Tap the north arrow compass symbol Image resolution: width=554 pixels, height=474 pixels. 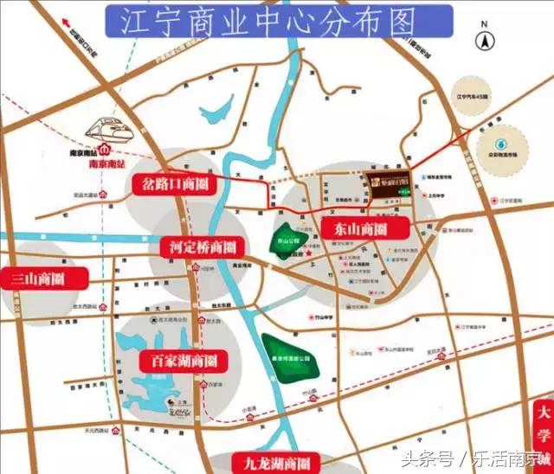pyautogui.click(x=487, y=38)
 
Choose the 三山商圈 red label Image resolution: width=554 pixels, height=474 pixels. pyautogui.click(x=47, y=279)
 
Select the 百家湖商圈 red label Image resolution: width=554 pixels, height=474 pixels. pyautogui.click(x=184, y=360)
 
